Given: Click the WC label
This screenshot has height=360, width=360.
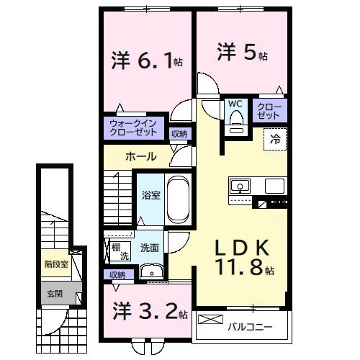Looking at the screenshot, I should (x=235, y=104).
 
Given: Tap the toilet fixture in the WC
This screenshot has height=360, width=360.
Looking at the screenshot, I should (x=235, y=125).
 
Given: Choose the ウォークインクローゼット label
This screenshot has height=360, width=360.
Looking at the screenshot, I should (x=133, y=128).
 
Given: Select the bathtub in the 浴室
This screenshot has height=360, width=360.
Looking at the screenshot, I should (x=177, y=200).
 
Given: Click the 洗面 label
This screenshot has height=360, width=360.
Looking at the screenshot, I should (x=150, y=248).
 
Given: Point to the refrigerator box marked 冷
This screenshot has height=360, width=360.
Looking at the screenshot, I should (x=276, y=139).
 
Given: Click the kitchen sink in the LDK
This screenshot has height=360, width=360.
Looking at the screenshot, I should (x=238, y=187).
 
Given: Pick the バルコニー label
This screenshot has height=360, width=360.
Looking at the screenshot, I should (x=249, y=327).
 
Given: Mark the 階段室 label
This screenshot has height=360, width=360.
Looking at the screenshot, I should (x=56, y=264).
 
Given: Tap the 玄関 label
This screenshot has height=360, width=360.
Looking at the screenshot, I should (x=54, y=293).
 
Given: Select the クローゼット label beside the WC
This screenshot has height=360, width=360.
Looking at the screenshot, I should (x=269, y=110).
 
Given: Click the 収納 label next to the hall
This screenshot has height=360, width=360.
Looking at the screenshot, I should (x=179, y=133).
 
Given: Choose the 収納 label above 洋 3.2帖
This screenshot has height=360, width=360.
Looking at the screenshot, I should (x=117, y=274).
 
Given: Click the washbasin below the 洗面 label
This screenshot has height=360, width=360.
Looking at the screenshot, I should (x=151, y=271).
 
